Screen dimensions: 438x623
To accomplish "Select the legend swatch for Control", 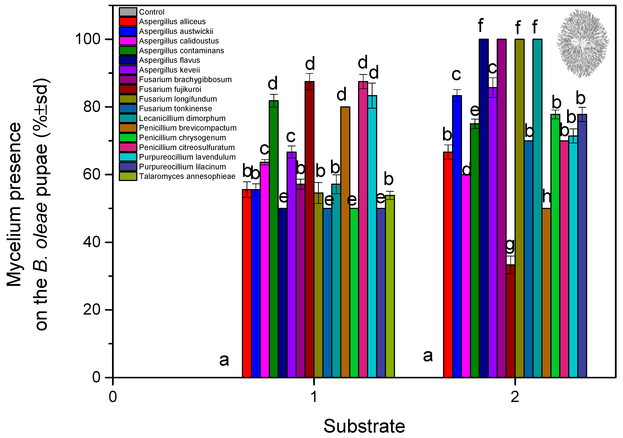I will pos(128,12).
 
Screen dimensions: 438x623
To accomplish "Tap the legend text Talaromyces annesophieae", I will pos(187,176).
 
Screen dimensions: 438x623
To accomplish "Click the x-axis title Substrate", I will pos(364,426).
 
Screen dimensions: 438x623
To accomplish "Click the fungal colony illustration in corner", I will pos(583,43).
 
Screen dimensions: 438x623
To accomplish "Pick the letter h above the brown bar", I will pos(546,197).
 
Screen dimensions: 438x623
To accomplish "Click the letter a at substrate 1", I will pos(224,360).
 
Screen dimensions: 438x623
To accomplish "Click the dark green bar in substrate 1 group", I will pos(274,239).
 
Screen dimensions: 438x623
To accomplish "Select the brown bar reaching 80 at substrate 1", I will pos(345,241).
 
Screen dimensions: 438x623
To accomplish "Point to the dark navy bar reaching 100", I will pos(484,209).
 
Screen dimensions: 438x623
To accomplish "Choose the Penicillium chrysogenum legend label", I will pos(182,138).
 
